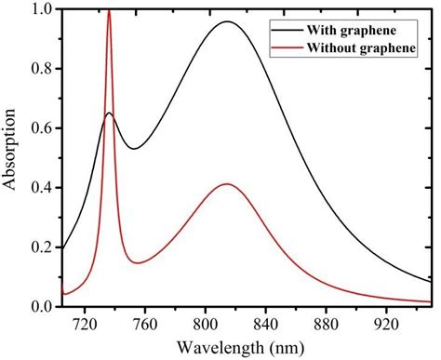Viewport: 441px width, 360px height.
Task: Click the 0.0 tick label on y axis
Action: click(42, 306)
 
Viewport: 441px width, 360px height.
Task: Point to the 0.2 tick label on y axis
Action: click(42, 247)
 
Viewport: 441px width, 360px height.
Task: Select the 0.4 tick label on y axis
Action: click(42, 187)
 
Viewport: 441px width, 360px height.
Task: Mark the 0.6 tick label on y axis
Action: click(42, 127)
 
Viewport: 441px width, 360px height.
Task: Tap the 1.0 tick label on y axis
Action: click(42, 9)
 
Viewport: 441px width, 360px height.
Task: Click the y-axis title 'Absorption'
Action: click(11, 155)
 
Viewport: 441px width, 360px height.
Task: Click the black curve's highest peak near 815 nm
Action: click(226, 21)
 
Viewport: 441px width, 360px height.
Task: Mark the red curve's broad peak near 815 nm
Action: click(226, 184)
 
